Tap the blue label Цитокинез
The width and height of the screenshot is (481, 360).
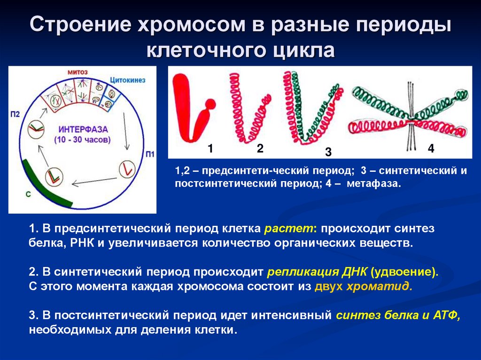pyautogui.click(x=128, y=80)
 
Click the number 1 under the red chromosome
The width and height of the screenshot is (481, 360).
pyautogui.click(x=210, y=149)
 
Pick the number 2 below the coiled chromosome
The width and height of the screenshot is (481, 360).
pyautogui.click(x=260, y=149)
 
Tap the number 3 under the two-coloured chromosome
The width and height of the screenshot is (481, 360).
pyautogui.click(x=328, y=152)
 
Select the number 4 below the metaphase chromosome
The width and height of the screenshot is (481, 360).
pyautogui.click(x=431, y=149)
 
